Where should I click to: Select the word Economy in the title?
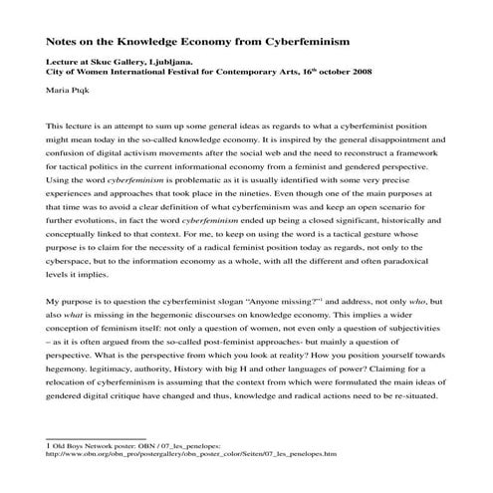(x=227, y=44)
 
